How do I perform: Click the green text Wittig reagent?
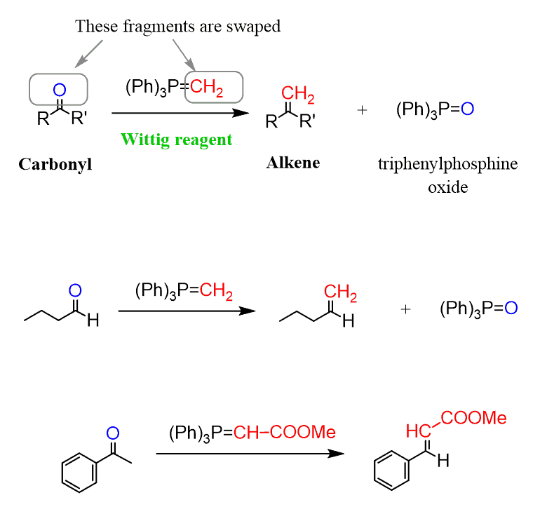click(x=176, y=139)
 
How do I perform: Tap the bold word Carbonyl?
click(x=55, y=164)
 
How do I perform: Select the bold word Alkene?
click(x=292, y=163)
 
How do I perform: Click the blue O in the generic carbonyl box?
click(x=59, y=89)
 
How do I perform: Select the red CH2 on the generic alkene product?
click(x=298, y=93)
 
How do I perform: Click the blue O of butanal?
click(x=76, y=290)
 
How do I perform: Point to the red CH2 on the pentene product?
click(x=340, y=295)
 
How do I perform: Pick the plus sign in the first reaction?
click(x=362, y=110)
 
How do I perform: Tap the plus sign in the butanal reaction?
click(x=405, y=309)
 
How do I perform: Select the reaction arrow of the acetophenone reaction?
click(x=250, y=453)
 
